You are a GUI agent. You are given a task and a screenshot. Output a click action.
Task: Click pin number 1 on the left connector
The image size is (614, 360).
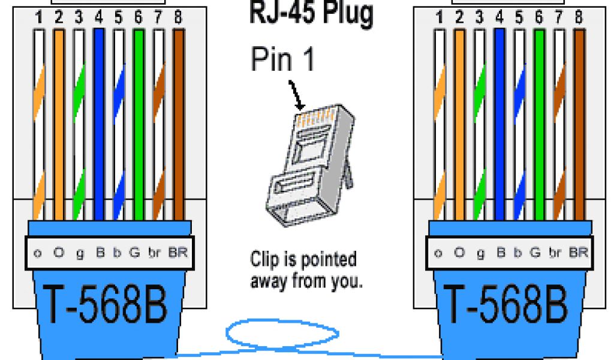coord(38,19)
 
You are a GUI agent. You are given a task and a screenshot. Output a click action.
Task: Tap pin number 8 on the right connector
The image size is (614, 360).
coord(578,19)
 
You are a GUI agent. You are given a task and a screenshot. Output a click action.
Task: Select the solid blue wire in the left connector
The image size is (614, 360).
coord(99,120)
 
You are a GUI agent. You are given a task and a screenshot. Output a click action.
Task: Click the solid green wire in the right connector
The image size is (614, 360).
coord(538,120)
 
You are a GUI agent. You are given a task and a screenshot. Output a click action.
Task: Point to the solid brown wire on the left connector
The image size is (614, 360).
coord(178,120)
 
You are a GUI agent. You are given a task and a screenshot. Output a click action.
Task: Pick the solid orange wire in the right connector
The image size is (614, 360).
coord(459,120)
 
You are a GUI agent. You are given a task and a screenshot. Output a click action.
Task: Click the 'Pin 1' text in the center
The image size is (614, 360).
coord(282,60)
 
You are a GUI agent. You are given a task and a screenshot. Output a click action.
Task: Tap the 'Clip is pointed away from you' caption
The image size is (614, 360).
coord(306,270)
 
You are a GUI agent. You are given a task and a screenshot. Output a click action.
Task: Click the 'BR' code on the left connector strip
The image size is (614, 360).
coord(178,253)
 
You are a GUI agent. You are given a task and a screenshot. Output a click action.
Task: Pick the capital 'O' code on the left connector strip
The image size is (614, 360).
coord(59,253)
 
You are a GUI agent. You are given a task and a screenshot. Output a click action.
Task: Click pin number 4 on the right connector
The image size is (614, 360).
coord(499,19)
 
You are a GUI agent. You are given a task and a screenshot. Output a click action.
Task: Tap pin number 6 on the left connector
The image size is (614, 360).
coord(138,19)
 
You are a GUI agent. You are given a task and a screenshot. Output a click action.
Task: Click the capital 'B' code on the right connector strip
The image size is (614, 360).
coord(499,253)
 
